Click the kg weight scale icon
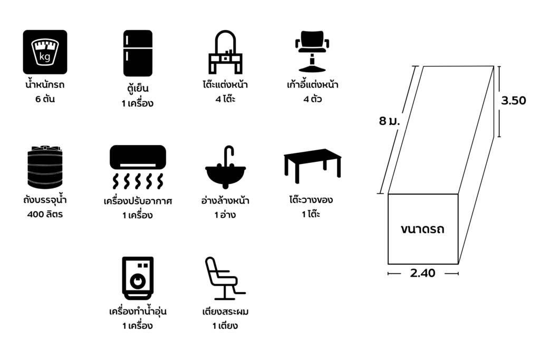[45, 52]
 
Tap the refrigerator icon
[138, 53]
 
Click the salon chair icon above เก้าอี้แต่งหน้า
[317, 51]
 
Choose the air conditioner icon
[138, 167]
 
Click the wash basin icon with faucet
[225, 168]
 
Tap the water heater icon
[138, 278]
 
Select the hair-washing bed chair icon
[225, 278]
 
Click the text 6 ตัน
[45, 99]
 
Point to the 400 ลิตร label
[45, 215]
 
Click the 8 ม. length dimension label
[389, 121]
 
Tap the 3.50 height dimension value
[513, 101]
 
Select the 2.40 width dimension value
[422, 274]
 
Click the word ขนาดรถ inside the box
[422, 229]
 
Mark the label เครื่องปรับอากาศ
[138, 201]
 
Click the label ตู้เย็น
[138, 89]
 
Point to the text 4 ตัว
[313, 99]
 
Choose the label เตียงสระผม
[225, 312]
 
